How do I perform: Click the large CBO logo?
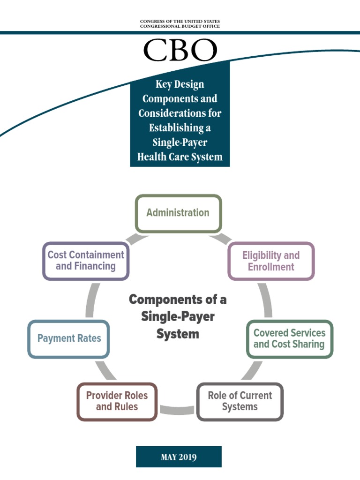click(180, 50)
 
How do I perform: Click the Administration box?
click(178, 213)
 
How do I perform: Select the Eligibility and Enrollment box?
click(271, 261)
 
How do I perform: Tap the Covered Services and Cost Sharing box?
click(289, 339)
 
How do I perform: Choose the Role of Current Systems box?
click(240, 401)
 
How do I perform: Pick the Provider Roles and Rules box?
click(117, 401)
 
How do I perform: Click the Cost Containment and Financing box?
click(86, 261)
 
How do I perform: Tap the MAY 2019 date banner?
click(179, 457)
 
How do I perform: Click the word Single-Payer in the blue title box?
click(180, 142)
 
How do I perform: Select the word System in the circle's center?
click(178, 334)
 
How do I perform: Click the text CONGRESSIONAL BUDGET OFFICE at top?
click(180, 26)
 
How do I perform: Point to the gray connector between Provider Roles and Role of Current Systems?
click(177, 410)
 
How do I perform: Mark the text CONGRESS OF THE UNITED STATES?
click(180, 22)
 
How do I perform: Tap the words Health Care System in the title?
click(180, 157)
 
